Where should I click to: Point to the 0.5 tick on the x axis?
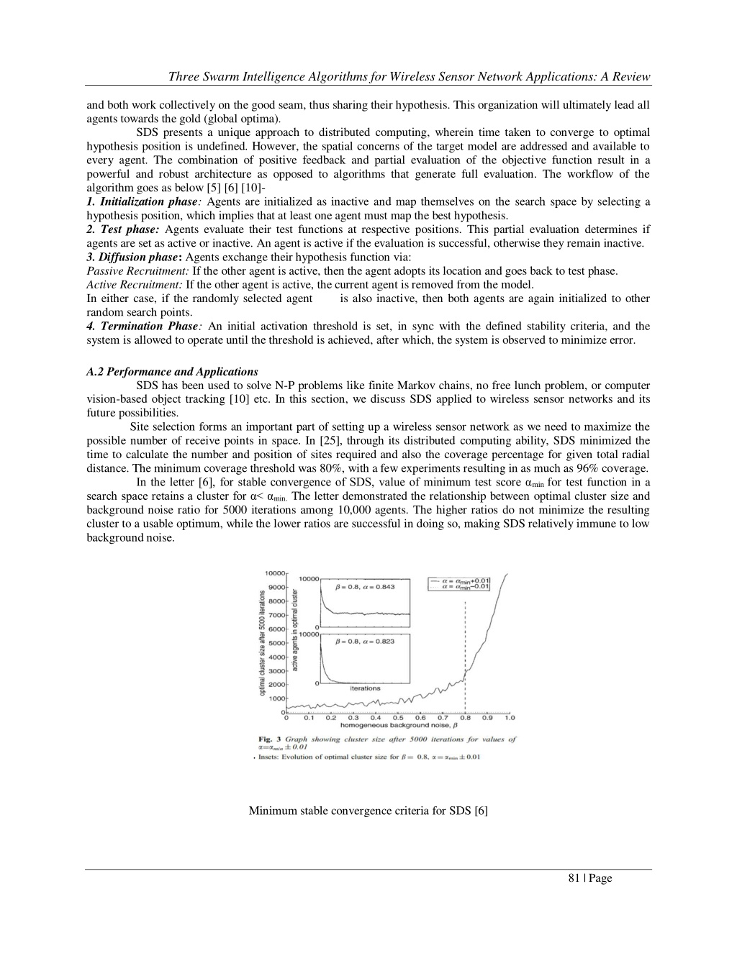[398, 718]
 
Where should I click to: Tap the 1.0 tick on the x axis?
[510, 718]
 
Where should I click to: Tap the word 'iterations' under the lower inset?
[365, 688]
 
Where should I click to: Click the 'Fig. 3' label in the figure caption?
[270, 739]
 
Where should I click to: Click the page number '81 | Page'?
[589, 877]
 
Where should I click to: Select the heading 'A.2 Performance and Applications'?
[171, 372]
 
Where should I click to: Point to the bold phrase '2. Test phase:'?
[122, 229]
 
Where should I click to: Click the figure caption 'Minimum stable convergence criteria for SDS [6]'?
[368, 811]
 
